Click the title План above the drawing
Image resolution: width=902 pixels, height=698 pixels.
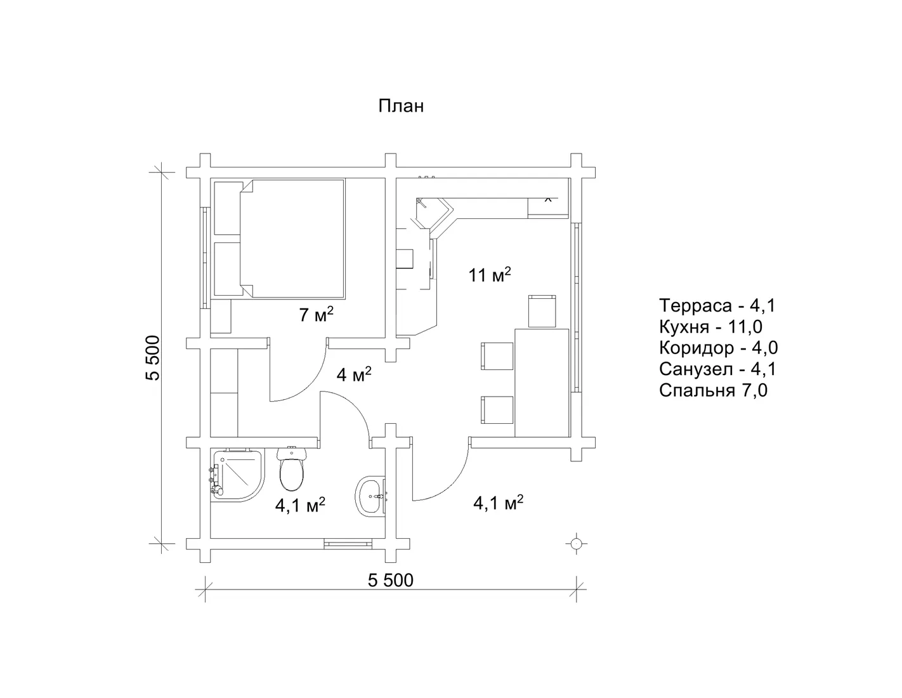coord(400,107)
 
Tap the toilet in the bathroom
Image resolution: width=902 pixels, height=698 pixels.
coord(292,469)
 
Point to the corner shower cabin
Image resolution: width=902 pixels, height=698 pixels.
coord(237,475)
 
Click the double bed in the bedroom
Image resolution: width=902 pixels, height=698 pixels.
coord(292,239)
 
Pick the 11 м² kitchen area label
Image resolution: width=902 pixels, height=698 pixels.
coord(490,275)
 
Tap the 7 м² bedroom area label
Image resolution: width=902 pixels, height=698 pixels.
coord(316,315)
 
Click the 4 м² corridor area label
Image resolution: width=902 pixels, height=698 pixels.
coord(354,375)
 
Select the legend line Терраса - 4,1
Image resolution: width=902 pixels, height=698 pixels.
coord(717,306)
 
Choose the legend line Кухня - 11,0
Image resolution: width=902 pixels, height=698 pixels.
coord(710,327)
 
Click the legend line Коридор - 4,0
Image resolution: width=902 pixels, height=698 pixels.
coord(718,348)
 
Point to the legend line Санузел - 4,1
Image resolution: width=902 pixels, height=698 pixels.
coord(717,369)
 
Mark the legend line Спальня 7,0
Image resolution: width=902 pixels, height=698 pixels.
coord(713,390)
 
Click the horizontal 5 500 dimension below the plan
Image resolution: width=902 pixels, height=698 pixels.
coord(391,581)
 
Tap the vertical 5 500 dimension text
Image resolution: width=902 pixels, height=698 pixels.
coord(153,358)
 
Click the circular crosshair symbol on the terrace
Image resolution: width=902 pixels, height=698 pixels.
coord(576,544)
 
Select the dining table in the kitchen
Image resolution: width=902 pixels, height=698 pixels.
coord(542,383)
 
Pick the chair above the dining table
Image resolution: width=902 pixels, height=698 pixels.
coord(542,311)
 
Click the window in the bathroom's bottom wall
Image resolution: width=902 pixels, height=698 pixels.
coord(348,544)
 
